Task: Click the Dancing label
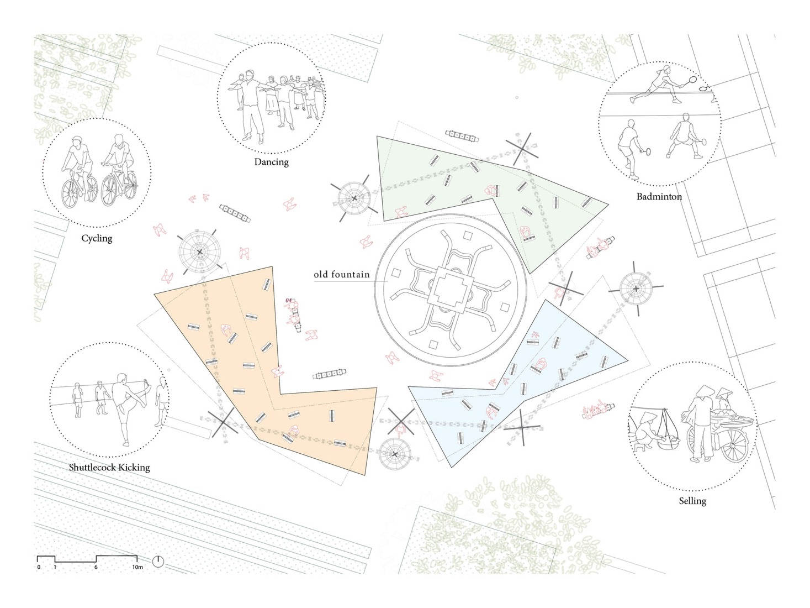point(271,162)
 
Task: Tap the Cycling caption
point(97,238)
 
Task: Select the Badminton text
point(659,197)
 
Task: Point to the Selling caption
point(692,501)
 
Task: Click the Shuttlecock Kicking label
point(109,467)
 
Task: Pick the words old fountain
point(342,275)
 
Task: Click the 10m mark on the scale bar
point(137,567)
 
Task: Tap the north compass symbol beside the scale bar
point(158,561)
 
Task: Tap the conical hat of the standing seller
point(704,391)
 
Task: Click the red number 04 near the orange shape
point(289,301)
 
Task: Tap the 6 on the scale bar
point(96,567)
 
